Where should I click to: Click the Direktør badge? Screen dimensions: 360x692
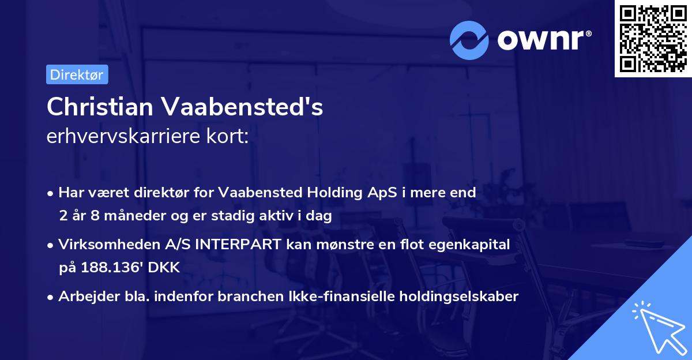pyautogui.click(x=77, y=74)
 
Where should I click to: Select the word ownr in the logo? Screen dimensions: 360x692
pyautogui.click(x=539, y=40)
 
